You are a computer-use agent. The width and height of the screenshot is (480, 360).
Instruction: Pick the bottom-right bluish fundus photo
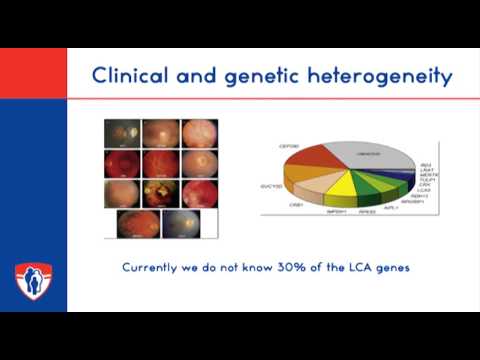tap(180, 224)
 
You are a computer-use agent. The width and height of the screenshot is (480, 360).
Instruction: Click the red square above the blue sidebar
tap(33, 72)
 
